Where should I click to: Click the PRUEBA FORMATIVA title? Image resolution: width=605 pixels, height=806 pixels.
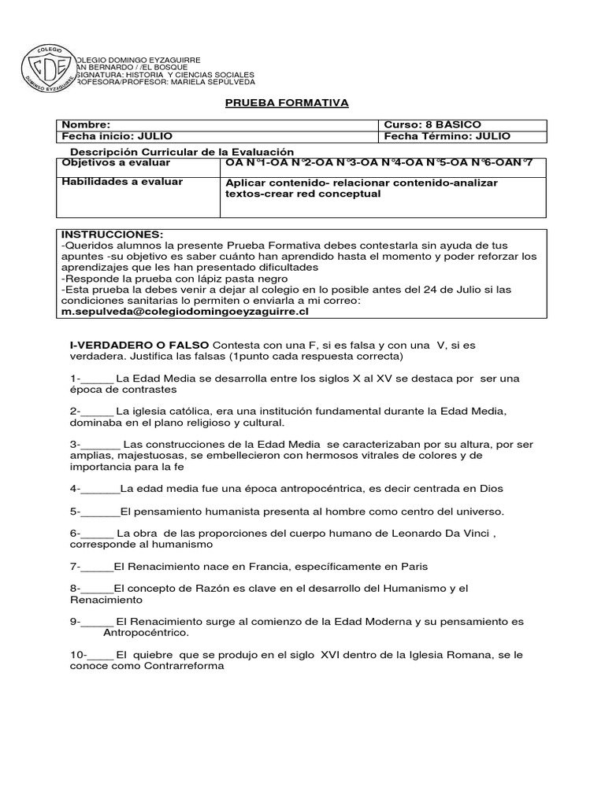(276, 103)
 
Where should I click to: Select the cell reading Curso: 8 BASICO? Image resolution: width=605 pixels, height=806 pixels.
(432, 124)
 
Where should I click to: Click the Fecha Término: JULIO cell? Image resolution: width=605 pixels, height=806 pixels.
(447, 136)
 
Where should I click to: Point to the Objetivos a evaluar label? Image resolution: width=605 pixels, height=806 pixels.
(116, 162)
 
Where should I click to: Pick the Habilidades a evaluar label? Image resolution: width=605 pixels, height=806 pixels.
(122, 182)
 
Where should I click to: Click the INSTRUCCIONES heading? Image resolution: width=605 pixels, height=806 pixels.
(112, 235)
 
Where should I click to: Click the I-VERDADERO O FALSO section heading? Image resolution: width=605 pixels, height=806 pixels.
(140, 346)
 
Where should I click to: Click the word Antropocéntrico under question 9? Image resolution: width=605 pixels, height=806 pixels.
(146, 632)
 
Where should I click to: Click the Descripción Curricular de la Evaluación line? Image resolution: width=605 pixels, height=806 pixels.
(182, 151)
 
